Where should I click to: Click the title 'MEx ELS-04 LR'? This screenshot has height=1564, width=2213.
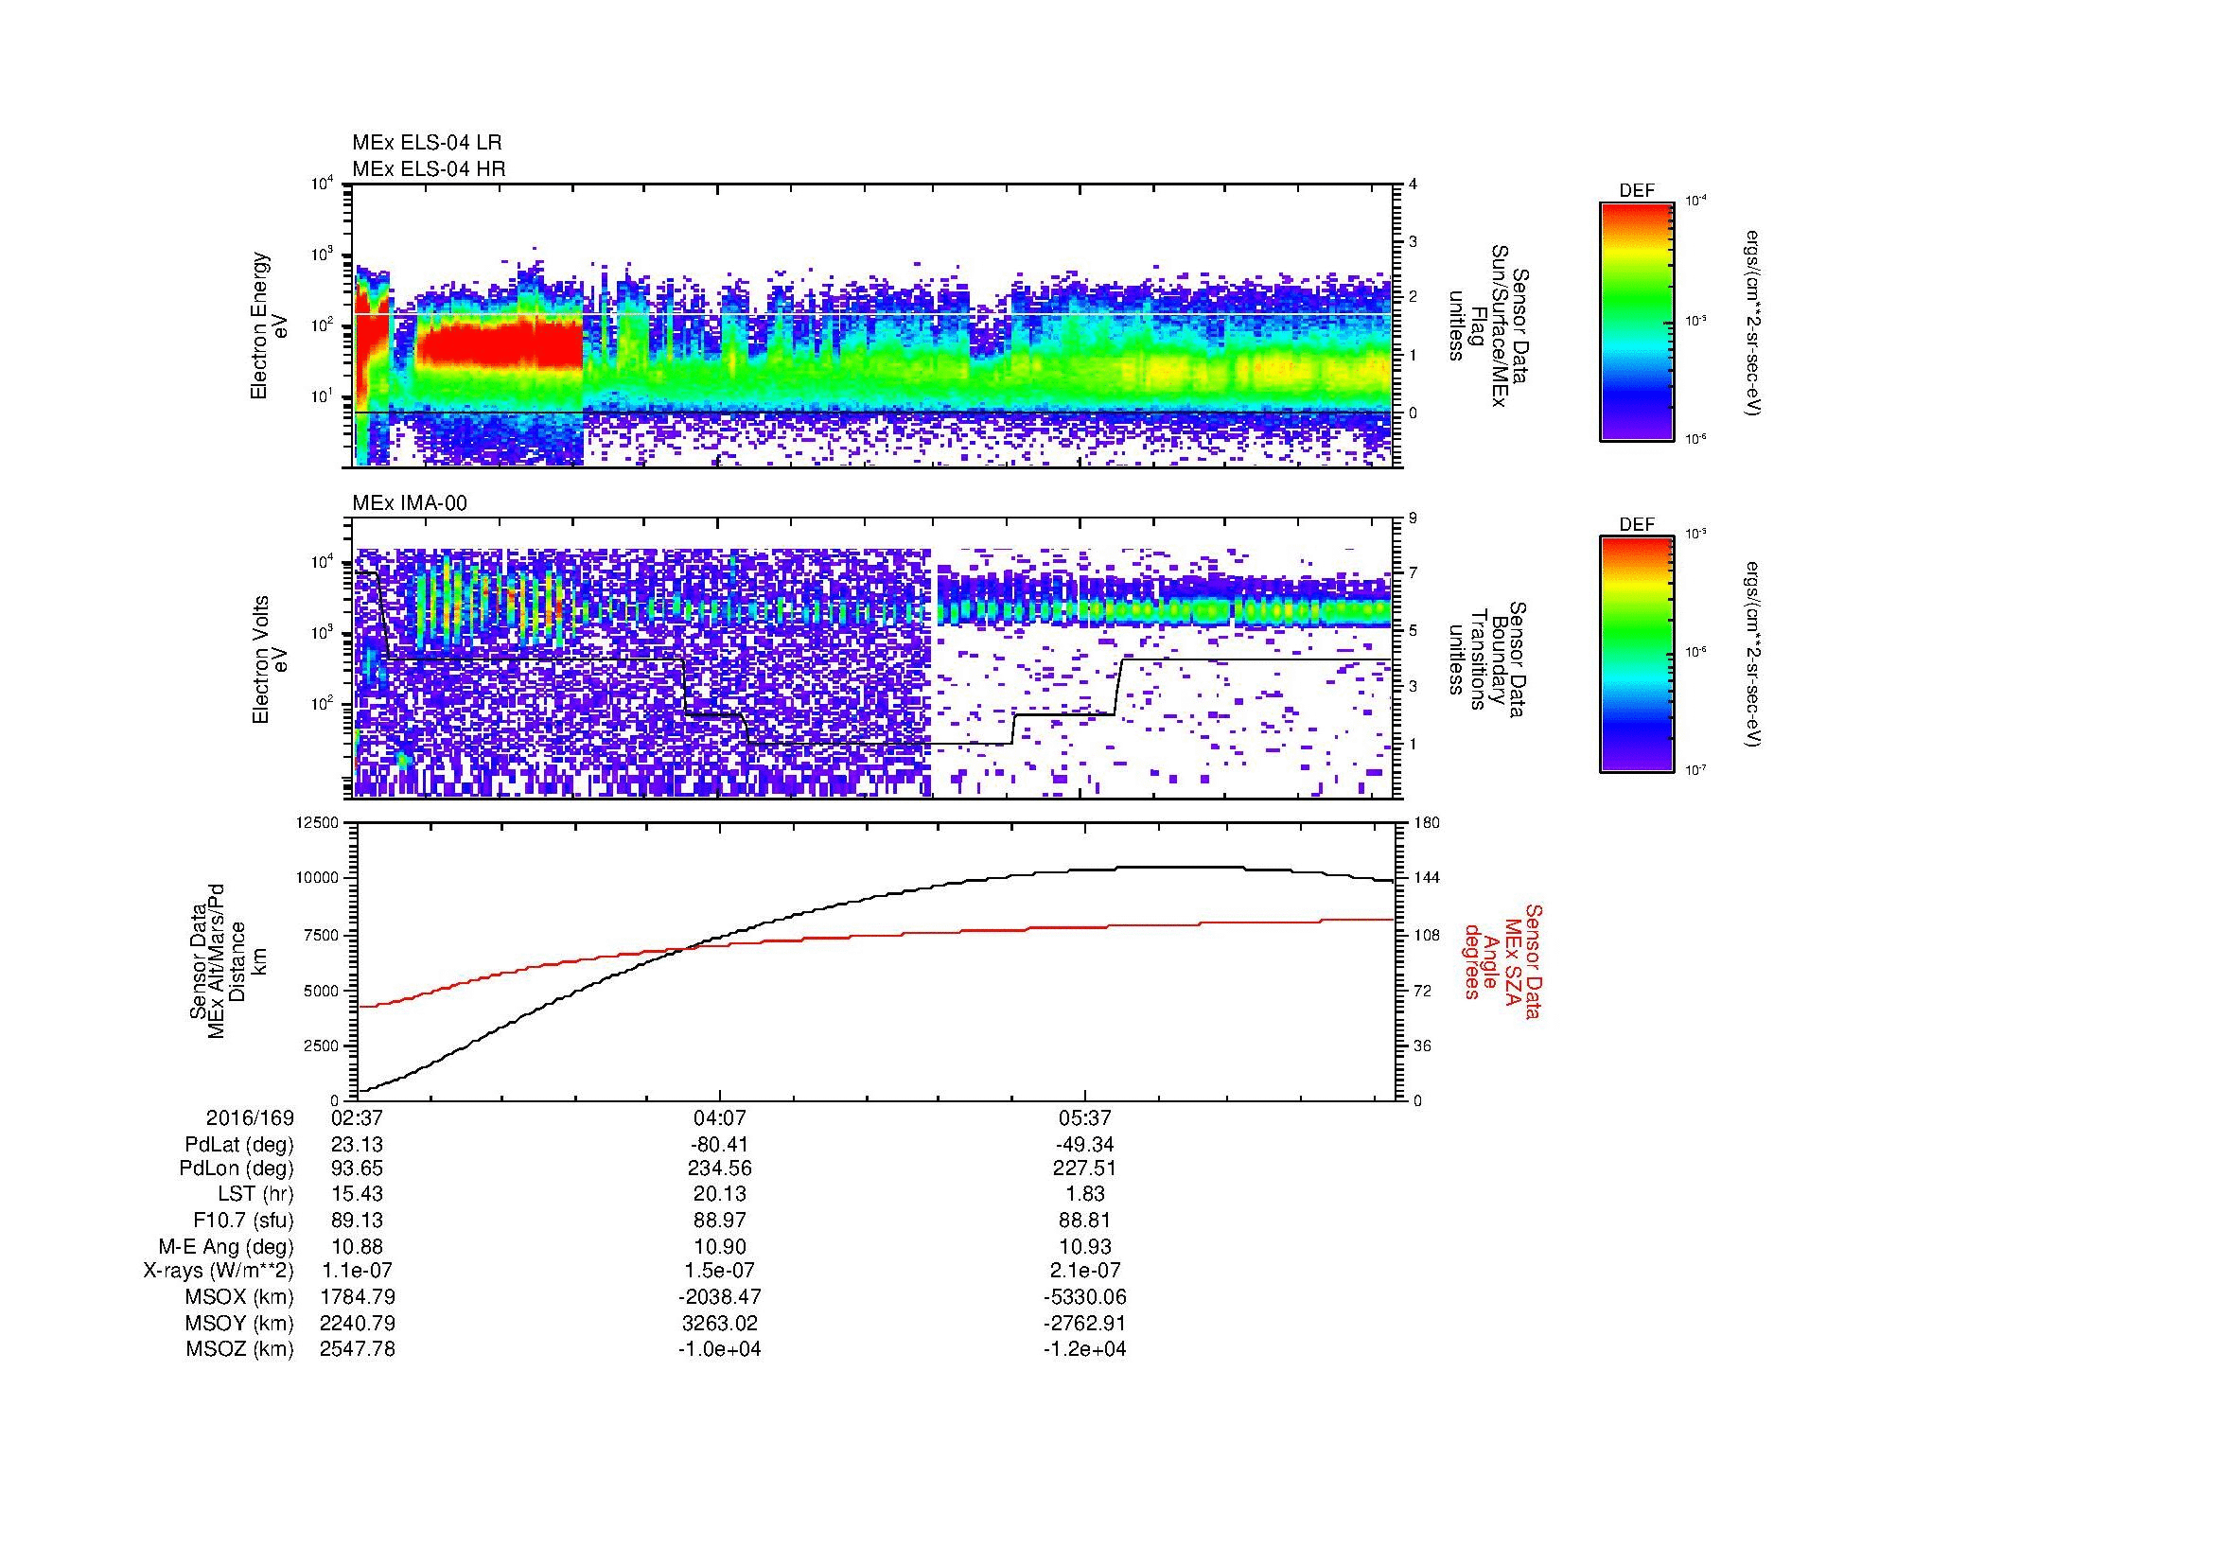point(427,143)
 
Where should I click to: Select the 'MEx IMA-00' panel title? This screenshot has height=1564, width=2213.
point(410,503)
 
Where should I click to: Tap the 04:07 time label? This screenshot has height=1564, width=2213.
point(719,1117)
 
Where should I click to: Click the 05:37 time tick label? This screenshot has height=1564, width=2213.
point(1084,1117)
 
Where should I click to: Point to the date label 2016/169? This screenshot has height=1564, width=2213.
point(250,1117)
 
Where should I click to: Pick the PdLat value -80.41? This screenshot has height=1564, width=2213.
point(719,1145)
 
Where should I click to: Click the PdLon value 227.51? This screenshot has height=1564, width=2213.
point(1084,1169)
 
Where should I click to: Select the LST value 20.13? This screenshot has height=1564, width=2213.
point(719,1194)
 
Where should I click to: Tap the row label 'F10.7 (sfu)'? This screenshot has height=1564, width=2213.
point(243,1220)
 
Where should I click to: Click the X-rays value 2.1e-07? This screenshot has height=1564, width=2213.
point(1084,1271)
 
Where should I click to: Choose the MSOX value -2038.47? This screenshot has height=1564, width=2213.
point(719,1297)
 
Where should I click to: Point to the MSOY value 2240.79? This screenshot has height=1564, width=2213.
point(357,1323)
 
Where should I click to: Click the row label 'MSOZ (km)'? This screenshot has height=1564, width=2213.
point(239,1349)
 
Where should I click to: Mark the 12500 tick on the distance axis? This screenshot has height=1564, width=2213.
point(318,823)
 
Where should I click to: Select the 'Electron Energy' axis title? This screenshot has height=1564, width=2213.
point(259,325)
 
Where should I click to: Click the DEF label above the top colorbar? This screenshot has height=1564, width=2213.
point(1637,192)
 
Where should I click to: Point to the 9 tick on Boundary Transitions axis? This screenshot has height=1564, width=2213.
point(1413,518)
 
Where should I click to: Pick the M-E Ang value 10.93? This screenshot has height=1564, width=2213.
point(1084,1246)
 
